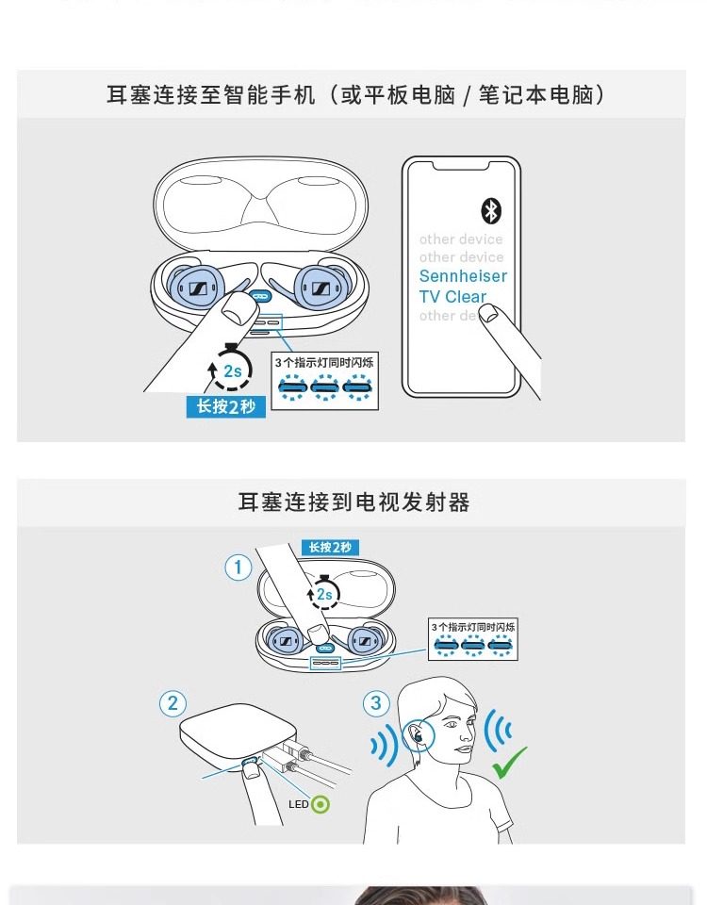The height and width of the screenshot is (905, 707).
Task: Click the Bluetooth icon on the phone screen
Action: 491,210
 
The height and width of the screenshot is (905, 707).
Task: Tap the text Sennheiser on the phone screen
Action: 463,276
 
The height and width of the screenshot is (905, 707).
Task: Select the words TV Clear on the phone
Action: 452,296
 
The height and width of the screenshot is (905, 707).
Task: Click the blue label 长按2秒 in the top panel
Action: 225,407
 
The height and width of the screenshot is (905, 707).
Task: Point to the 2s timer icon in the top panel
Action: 232,370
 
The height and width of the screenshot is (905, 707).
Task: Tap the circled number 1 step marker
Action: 238,568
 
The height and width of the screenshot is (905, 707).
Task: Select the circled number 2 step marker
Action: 172,703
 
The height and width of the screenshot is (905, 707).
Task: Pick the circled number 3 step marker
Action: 376,703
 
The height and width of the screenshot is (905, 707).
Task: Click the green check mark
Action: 509,761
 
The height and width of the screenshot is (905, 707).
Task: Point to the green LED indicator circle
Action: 321,804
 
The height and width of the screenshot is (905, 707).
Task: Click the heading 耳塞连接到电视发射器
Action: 353,502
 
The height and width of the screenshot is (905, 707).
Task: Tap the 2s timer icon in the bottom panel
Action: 323,593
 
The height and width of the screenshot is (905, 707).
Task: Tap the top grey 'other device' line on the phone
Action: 461,239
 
